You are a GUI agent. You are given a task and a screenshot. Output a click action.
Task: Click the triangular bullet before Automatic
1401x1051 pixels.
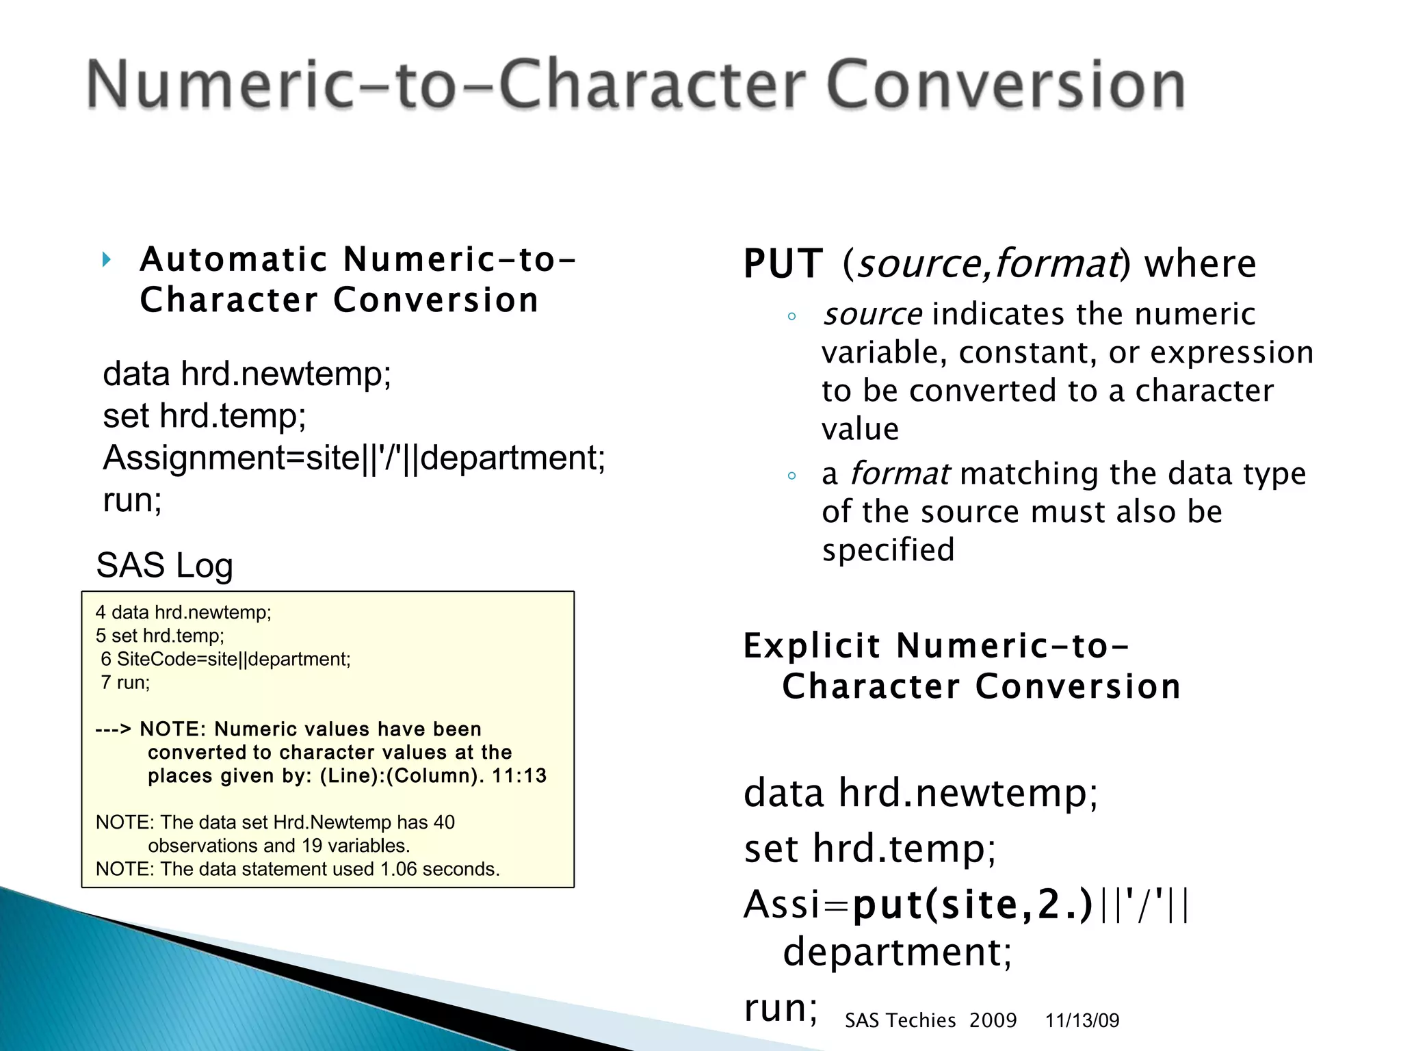[107, 260]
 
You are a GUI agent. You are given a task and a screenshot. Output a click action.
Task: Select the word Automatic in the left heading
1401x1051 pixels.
[234, 260]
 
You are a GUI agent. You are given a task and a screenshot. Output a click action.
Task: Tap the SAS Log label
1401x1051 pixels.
[164, 566]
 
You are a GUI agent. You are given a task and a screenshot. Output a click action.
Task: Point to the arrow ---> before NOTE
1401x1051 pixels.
[113, 729]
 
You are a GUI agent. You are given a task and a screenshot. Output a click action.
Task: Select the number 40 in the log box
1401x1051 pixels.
[443, 822]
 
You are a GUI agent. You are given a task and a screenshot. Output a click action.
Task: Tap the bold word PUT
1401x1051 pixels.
[783, 264]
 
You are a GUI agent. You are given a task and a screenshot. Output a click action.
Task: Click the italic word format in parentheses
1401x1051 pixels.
[1057, 264]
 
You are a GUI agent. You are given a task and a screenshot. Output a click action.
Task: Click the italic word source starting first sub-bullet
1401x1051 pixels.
[872, 315]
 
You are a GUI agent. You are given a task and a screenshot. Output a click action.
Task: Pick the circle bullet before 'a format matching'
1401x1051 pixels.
[791, 476]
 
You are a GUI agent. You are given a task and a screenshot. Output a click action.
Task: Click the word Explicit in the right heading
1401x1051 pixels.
[812, 647]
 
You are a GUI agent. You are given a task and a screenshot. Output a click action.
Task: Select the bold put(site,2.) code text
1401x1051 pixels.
[973, 905]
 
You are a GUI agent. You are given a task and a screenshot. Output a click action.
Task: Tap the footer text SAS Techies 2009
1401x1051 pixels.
[930, 1020]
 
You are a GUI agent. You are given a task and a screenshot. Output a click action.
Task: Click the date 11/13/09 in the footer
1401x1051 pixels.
[1082, 1020]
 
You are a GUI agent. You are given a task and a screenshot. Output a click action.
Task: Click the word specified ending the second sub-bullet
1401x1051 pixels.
[888, 550]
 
